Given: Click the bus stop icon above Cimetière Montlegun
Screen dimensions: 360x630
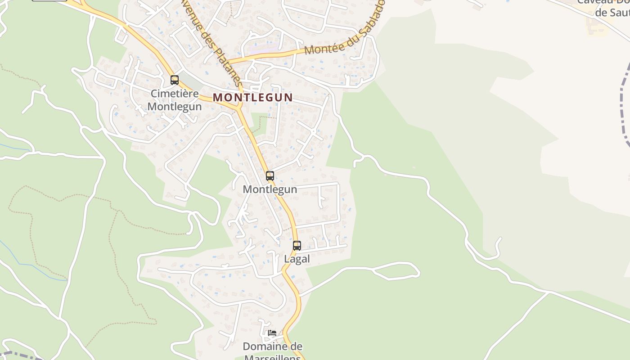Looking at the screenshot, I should point(175,80).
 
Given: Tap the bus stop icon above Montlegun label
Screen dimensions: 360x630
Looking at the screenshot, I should point(270,176).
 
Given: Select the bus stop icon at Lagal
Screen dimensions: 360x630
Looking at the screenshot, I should point(297,246).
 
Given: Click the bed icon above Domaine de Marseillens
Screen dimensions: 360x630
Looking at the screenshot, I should point(272,333).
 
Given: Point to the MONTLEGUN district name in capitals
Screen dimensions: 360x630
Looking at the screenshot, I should point(252,97).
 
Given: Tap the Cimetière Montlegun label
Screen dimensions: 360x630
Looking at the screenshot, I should point(175,100).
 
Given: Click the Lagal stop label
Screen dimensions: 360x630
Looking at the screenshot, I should point(297,259).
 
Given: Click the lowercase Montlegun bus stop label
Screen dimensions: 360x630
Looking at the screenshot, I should point(270,189).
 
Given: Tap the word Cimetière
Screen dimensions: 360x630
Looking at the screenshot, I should point(175,94).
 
